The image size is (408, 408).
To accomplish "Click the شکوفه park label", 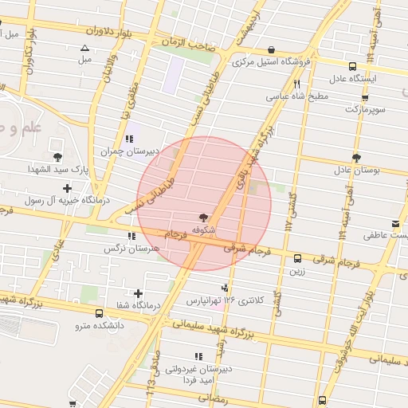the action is pos(205,229).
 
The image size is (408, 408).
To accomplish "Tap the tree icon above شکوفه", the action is pos(205,217).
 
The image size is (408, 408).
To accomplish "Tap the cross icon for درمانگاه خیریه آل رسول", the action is pos(66,189).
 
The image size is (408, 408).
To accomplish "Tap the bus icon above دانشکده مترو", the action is pos(98,313).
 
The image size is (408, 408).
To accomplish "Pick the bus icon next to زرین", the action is pos(297,258).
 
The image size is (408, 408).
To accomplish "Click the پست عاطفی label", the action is pos(386,236).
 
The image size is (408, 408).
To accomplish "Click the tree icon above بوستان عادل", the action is pos(356,158).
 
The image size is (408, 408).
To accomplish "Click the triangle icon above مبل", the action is pos(84,48).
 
